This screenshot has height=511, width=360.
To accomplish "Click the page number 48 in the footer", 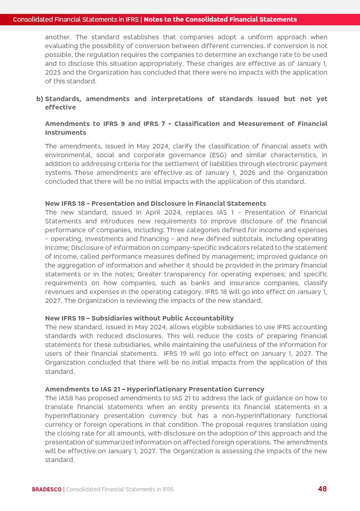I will [322, 489].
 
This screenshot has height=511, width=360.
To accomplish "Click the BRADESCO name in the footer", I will [47, 489].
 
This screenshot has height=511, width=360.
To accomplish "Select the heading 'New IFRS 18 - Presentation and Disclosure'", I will [155, 203].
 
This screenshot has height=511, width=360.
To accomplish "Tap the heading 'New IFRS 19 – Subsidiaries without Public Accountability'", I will [139, 318].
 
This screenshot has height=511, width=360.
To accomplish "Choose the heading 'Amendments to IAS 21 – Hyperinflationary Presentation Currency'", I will [155, 389].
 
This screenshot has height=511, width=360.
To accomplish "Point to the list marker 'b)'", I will [40, 99].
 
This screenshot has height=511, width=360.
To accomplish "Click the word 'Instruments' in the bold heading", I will [65, 132].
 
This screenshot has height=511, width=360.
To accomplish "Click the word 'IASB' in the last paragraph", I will [66, 398].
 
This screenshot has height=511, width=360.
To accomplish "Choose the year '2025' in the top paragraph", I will [53, 72].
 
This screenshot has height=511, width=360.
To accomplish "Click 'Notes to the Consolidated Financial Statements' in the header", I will [220, 19].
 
